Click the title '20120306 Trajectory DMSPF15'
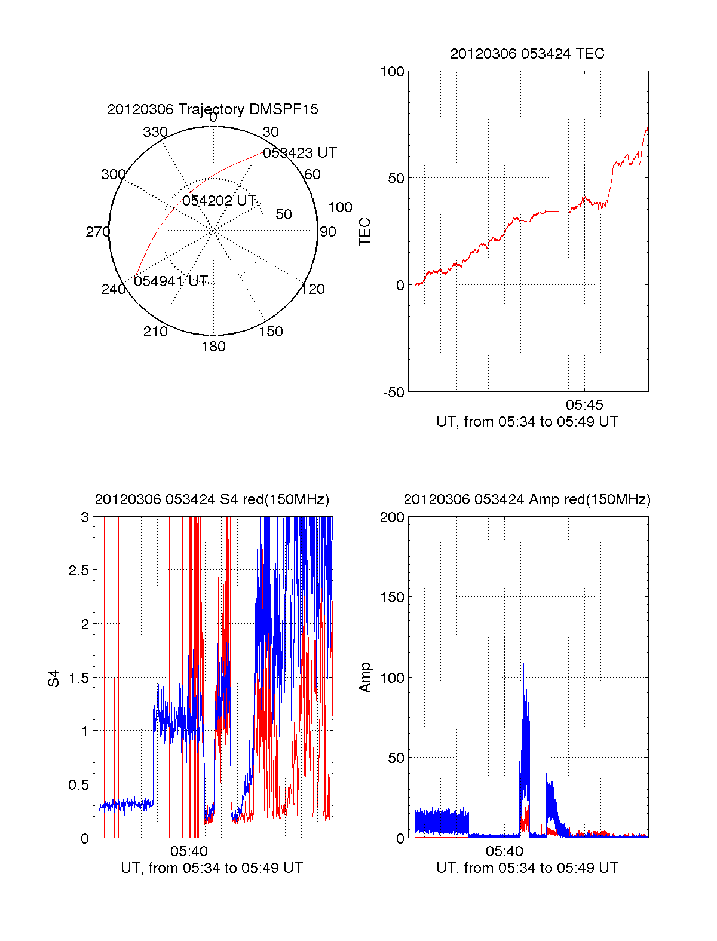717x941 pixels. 213,109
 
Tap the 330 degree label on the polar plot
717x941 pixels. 155,132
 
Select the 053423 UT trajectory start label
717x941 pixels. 300,153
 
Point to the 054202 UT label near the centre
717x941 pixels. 219,201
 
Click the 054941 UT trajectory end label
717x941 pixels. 171,281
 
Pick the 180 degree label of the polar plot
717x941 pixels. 213,347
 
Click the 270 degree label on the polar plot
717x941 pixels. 97,232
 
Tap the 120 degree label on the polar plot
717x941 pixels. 313,290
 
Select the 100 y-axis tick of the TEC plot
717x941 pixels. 392,72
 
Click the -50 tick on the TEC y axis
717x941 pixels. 394,393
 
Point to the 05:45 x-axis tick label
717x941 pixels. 584,405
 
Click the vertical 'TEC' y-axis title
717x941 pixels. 364,232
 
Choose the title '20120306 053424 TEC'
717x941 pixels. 527,54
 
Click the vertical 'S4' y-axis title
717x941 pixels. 54,678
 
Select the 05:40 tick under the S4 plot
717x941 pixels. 189,851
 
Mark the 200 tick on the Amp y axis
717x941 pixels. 392,517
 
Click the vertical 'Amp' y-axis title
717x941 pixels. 364,678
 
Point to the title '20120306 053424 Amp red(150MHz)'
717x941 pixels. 527,499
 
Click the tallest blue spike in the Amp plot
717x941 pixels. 523,664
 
